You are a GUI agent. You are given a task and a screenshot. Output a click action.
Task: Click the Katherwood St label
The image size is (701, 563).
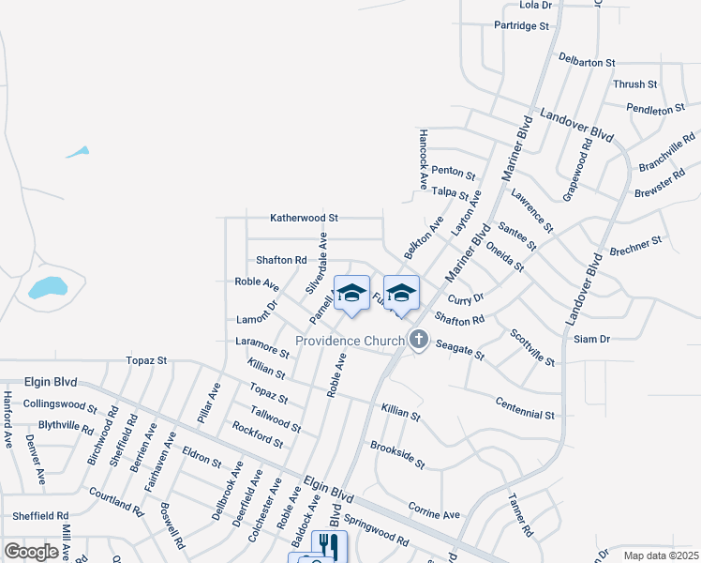point(304,218)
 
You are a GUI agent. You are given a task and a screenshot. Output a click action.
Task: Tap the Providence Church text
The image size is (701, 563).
point(350,341)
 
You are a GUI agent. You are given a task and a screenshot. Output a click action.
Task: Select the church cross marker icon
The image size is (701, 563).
point(418,341)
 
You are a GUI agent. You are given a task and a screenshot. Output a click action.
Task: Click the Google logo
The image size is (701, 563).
point(31,552)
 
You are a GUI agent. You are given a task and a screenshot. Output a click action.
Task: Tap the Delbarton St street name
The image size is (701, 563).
point(586,62)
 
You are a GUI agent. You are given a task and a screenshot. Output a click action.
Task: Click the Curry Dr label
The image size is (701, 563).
point(465,298)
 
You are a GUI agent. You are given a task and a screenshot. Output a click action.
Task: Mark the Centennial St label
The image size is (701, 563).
point(526,408)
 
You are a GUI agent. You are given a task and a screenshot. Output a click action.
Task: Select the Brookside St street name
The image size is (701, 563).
point(397,456)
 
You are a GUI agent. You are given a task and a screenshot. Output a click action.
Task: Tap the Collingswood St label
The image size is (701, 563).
point(60,405)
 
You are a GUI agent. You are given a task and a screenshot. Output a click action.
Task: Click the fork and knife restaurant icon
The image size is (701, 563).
point(328,545)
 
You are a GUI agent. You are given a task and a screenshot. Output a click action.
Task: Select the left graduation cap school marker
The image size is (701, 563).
point(351,294)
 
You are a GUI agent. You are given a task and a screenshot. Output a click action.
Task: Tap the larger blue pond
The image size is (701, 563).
point(48,287)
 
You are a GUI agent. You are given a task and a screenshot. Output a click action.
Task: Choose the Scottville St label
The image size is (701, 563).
point(532,347)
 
